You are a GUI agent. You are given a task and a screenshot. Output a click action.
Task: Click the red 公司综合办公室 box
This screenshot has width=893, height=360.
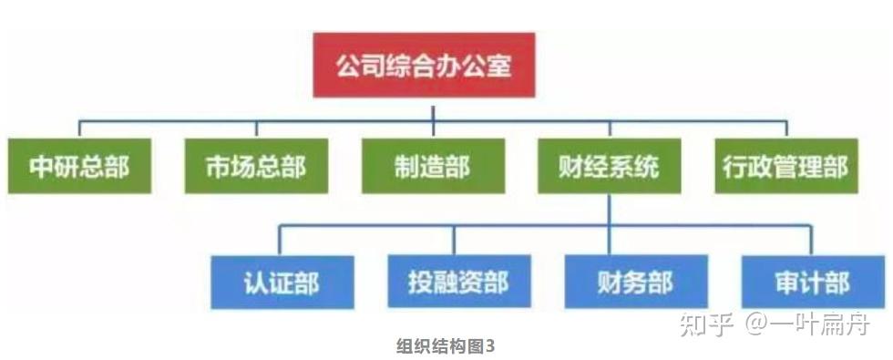[424, 66]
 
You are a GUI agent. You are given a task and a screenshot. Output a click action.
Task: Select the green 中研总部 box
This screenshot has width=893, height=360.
[78, 166]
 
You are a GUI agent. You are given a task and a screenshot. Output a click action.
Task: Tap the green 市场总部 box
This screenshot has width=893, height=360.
[256, 166]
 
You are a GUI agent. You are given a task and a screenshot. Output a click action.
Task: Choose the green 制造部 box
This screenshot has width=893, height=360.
[433, 166]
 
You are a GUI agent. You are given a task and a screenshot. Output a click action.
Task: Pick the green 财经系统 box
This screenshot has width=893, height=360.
[609, 166]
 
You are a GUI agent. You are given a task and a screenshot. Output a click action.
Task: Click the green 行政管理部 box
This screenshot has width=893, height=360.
[785, 166]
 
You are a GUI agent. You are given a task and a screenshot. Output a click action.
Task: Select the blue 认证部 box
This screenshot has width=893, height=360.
[281, 282]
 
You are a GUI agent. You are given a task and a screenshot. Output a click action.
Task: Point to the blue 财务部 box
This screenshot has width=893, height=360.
[636, 282]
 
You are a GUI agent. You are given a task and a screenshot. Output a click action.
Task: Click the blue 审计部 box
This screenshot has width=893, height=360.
[812, 282]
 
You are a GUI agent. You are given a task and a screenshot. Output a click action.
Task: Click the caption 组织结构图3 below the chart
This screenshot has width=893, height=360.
[446, 346]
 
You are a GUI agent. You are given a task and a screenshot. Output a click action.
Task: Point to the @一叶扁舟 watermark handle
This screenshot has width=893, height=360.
[807, 324]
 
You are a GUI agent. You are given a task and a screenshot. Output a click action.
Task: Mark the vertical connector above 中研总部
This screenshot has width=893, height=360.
[78, 129]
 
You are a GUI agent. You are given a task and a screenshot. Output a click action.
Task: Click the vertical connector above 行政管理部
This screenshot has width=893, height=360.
[785, 129]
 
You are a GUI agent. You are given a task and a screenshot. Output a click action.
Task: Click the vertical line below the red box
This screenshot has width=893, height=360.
[434, 108]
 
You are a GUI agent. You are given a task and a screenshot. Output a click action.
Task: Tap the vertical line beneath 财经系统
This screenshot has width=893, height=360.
[609, 209]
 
